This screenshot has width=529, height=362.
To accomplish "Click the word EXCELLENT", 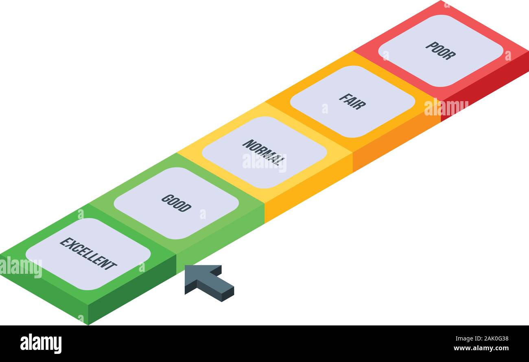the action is click(88, 254).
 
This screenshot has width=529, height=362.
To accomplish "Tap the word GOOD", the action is click(176, 203).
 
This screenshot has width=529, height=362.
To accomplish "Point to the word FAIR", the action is click(352, 102).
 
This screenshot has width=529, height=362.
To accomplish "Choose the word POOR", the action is click(440, 51).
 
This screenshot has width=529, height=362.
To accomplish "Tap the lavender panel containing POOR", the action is click(441, 51).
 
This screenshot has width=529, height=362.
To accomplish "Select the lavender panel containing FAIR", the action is click(352, 102).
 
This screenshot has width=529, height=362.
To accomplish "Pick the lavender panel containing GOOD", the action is click(176, 203).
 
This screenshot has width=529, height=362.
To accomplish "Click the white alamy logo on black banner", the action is click(41, 343).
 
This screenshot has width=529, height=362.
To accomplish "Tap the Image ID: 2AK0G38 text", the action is click(482, 339).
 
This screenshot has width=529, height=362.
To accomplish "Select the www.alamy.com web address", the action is click(481, 348).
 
